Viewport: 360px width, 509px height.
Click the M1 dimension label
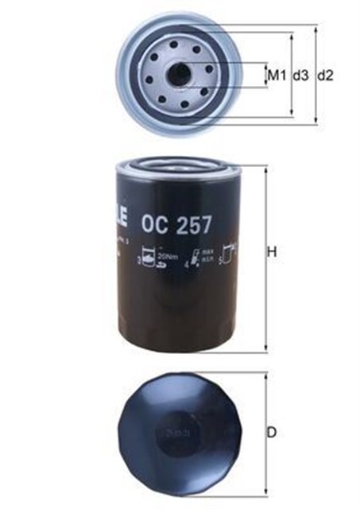click(275, 76)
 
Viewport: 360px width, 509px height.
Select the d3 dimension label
click(300, 76)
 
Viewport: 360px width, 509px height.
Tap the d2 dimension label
click(325, 76)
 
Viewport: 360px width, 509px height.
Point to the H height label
click(271, 253)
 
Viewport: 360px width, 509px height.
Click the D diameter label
click(271, 433)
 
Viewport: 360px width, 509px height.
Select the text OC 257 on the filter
click(176, 224)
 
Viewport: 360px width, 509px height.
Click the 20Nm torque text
click(167, 257)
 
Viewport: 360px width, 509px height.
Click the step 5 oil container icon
click(230, 257)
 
